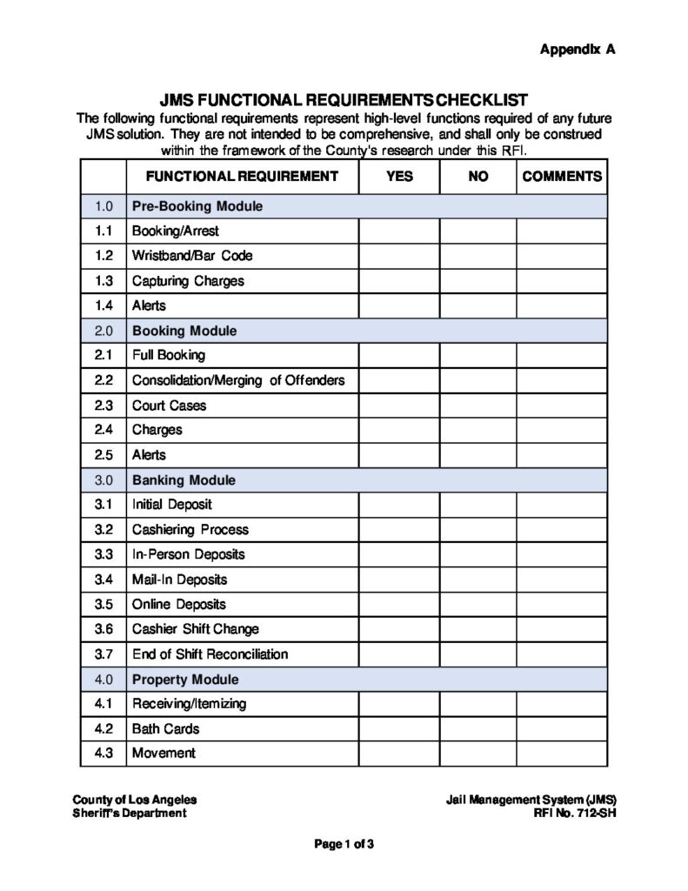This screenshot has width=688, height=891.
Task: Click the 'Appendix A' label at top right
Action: (578, 50)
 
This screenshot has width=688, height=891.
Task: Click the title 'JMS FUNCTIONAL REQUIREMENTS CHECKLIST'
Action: (344, 100)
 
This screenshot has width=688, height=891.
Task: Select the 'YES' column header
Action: (399, 176)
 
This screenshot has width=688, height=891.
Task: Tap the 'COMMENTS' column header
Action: (561, 176)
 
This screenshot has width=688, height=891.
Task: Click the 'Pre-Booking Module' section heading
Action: (197, 207)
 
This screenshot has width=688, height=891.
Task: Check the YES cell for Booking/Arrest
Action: (399, 231)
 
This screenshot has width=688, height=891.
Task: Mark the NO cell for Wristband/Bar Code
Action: (478, 257)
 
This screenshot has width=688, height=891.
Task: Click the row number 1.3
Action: (104, 281)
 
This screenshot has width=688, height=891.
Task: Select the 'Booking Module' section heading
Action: (184, 331)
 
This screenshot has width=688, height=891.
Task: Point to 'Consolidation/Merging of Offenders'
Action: (237, 380)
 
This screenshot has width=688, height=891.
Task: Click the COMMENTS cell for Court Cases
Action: (561, 405)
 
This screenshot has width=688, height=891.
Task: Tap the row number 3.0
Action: (104, 480)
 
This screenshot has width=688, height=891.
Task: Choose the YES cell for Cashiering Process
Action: (399, 530)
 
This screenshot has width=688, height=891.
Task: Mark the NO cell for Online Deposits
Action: (478, 605)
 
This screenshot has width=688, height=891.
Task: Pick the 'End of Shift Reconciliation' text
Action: (210, 654)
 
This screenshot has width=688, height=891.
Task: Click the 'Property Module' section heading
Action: (184, 679)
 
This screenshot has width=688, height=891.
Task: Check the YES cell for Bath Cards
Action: (399, 729)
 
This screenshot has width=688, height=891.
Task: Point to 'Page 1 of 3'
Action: (344, 843)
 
